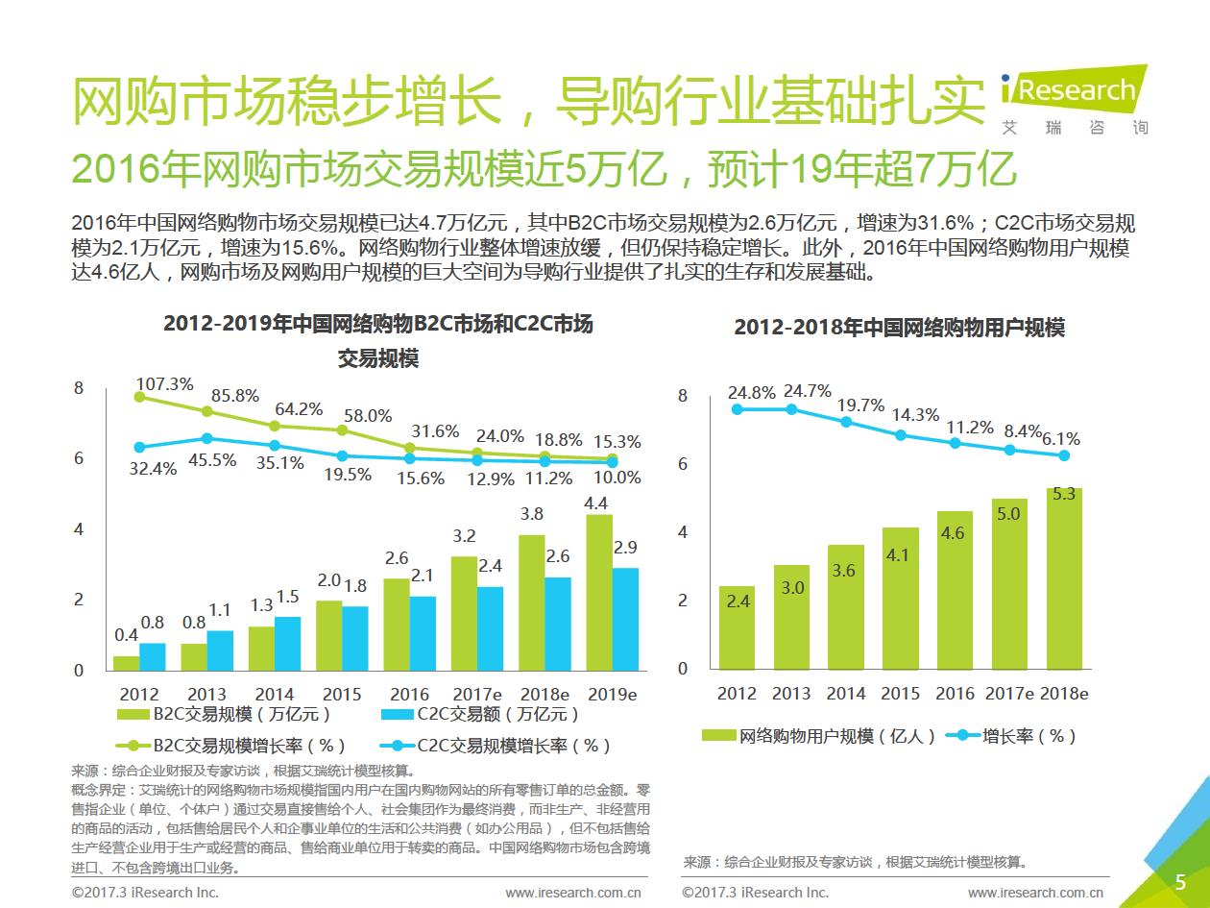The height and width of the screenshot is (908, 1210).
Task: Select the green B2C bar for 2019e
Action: point(599,592)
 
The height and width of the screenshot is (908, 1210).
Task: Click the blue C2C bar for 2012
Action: point(153,656)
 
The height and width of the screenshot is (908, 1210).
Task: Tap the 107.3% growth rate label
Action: point(164,383)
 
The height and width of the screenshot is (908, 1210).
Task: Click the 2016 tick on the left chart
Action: point(409,694)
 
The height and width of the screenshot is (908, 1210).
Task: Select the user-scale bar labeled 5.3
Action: point(1064,578)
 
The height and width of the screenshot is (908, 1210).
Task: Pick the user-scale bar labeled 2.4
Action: point(737,627)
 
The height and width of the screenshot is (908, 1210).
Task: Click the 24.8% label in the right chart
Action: point(751,393)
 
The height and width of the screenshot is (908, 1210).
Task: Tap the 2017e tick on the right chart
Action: point(1009,694)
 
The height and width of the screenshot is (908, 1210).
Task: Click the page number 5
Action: point(1180,882)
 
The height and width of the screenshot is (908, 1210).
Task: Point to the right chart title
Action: point(899,327)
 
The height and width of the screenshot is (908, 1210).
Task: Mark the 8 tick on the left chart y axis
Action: point(79,387)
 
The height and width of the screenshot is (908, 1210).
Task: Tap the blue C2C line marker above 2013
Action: point(206,439)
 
